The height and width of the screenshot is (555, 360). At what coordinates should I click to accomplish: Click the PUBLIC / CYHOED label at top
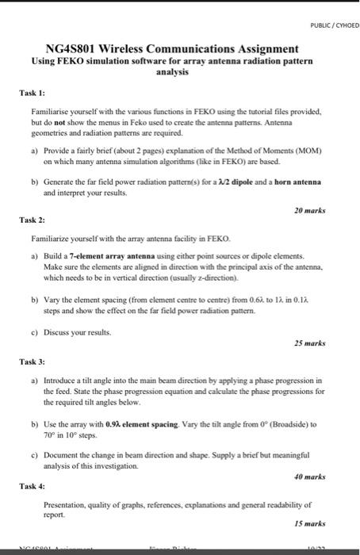point(334,25)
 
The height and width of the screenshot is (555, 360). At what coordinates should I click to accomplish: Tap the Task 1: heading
point(31,93)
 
